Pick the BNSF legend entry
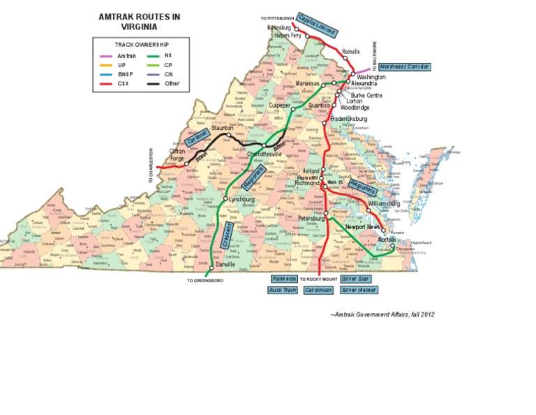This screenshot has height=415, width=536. [126, 74]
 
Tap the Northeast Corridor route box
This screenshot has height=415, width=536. [405, 67]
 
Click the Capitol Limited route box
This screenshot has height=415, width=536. [315, 23]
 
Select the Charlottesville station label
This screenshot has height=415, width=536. [265, 154]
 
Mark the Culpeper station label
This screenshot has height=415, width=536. [280, 106]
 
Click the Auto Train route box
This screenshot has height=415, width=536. [282, 289]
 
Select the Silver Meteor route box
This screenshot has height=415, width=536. [359, 289]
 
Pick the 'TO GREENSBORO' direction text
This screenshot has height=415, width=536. [205, 281]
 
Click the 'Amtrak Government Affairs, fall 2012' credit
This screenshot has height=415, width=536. [382, 314]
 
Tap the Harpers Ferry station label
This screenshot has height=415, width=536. [288, 34]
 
